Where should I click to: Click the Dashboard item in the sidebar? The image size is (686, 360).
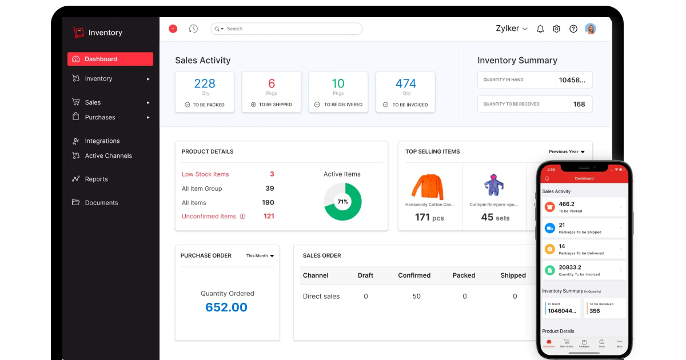pyautogui.click(x=110, y=59)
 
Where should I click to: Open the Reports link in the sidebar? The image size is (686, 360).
pyautogui.click(x=96, y=179)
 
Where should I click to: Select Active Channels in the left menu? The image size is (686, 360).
pyautogui.click(x=108, y=155)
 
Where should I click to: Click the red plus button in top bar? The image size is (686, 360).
pyautogui.click(x=173, y=29)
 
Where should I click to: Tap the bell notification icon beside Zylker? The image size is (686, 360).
pyautogui.click(x=540, y=29)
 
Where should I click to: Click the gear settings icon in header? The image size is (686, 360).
pyautogui.click(x=556, y=29)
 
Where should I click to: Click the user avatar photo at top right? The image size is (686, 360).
pyautogui.click(x=591, y=29)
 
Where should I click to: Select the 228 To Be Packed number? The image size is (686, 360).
pyautogui.click(x=205, y=83)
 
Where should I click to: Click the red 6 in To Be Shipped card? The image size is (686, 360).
pyautogui.click(x=272, y=83)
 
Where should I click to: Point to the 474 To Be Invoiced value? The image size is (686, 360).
pyautogui.click(x=406, y=83)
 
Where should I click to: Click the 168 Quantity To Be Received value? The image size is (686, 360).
pyautogui.click(x=579, y=104)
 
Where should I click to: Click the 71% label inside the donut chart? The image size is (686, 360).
pyautogui.click(x=342, y=202)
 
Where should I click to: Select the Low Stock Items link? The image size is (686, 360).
pyautogui.click(x=205, y=174)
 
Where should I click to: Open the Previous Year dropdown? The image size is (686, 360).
pyautogui.click(x=567, y=151)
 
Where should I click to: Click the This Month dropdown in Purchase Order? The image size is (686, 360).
pyautogui.click(x=260, y=255)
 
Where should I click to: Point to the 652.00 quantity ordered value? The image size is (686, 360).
pyautogui.click(x=226, y=307)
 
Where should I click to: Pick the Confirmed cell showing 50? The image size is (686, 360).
pyautogui.click(x=416, y=296)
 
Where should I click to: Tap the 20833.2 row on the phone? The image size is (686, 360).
pyautogui.click(x=583, y=270)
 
